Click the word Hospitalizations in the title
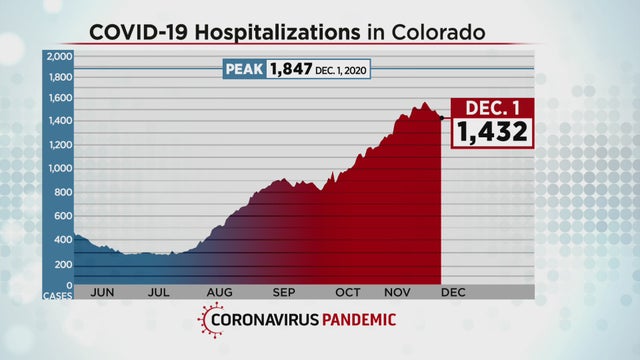289,33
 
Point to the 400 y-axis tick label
63,238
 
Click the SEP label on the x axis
284,294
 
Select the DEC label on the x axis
454,294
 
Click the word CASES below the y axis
58,295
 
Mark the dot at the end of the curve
442,118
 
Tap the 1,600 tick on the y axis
59,98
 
